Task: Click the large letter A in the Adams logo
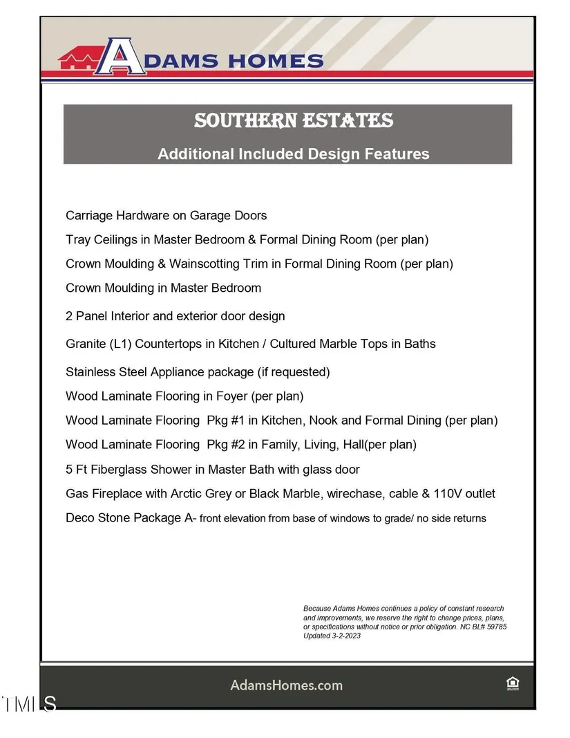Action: point(123,56)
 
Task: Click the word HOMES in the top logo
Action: point(272,61)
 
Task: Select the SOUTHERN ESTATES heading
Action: point(294,121)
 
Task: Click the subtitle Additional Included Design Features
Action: point(294,154)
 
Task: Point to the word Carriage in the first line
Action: point(88,216)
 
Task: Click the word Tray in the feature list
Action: point(77,240)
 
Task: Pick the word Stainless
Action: point(91,372)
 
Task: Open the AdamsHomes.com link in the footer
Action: point(286,685)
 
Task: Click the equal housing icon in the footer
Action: point(513,685)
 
